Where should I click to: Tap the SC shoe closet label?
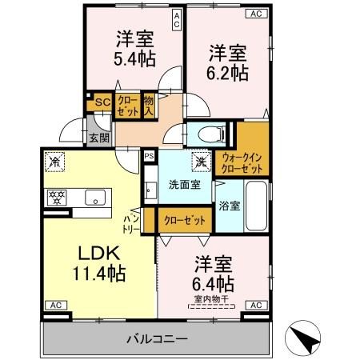(101, 102)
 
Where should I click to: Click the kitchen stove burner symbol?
(58, 196)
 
